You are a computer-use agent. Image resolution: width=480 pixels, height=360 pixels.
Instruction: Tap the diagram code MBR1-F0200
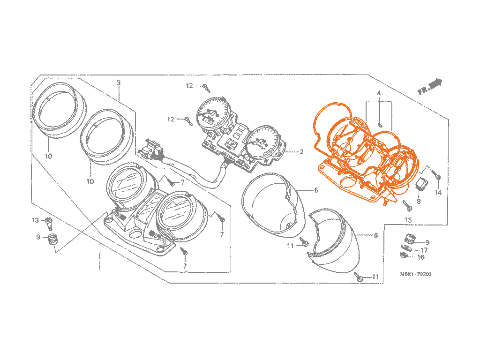[x=415, y=274]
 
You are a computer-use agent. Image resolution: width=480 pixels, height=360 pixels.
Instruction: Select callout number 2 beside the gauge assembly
[x=301, y=151]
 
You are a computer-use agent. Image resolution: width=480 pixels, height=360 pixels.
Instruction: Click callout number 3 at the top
[x=119, y=82]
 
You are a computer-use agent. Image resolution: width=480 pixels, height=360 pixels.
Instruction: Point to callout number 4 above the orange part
[x=379, y=93]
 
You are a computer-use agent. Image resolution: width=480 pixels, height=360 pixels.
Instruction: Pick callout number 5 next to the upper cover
[x=316, y=190]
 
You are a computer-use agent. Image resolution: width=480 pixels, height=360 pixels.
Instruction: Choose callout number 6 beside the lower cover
[x=376, y=235]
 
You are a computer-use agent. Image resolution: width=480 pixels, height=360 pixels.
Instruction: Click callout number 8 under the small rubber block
[x=419, y=201]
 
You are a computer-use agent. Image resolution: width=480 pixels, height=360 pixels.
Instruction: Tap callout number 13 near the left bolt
[x=36, y=220]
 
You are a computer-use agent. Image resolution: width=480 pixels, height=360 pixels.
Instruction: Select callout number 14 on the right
[x=438, y=192]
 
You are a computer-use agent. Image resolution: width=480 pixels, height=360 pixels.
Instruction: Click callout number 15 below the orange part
[x=408, y=220]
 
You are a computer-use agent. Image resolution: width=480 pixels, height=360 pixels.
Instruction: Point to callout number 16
[x=421, y=257]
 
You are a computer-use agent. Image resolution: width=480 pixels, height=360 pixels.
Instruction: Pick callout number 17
[x=424, y=250]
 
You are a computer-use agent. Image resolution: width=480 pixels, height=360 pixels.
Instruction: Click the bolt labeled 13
[x=48, y=223]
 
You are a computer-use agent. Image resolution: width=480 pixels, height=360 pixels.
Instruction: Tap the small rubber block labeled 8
[x=421, y=185]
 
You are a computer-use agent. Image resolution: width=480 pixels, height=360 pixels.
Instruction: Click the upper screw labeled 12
[x=207, y=88]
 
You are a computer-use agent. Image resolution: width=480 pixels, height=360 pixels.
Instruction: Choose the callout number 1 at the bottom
[x=100, y=268]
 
